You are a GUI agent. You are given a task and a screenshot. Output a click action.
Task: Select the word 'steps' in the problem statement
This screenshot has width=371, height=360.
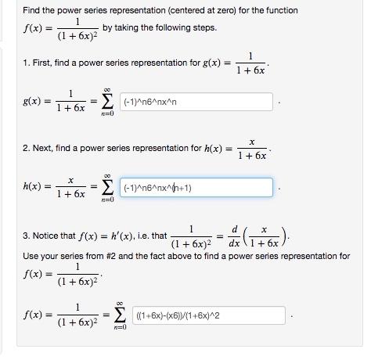[x=204, y=27]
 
